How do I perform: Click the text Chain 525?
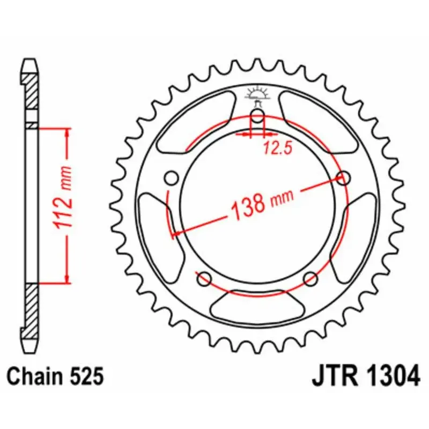click(x=55, y=376)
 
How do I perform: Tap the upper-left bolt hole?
click(x=172, y=177)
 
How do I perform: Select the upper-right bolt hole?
click(x=344, y=177)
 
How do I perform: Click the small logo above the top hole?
click(x=257, y=95)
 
